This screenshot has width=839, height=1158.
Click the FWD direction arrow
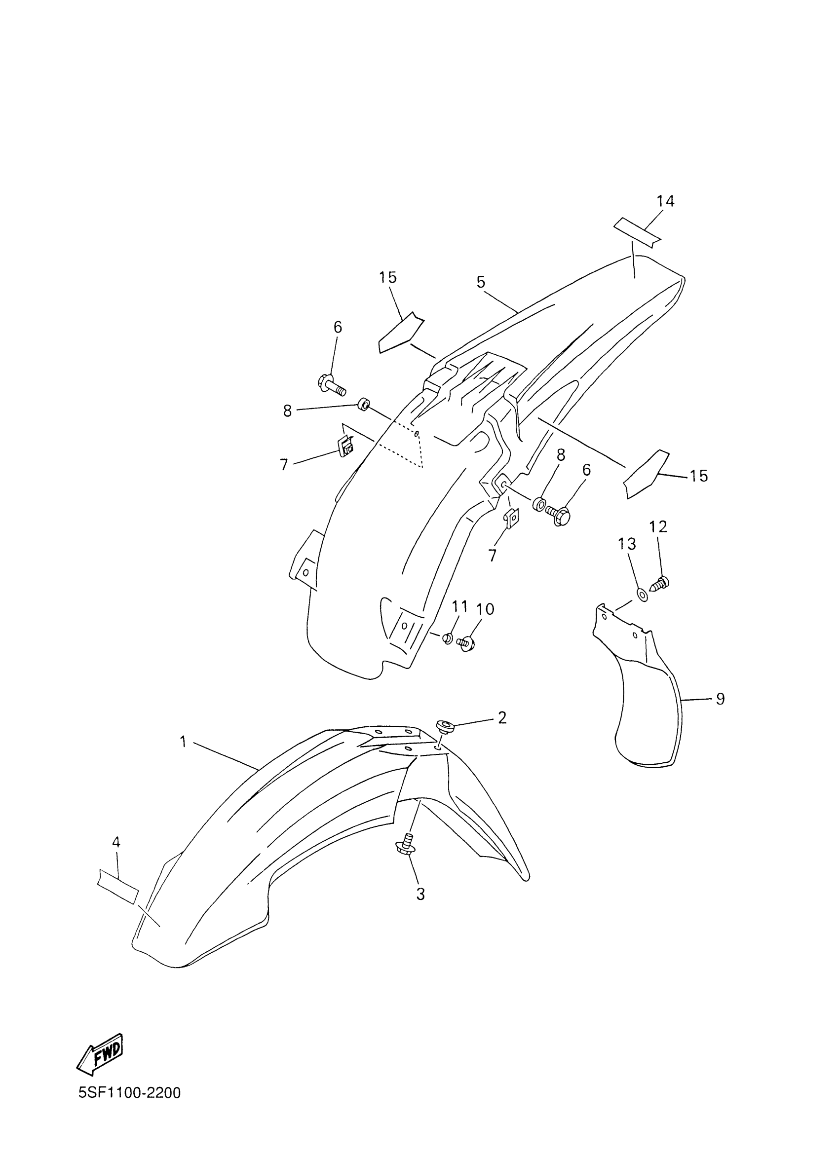[100, 1053]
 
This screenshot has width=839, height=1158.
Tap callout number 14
[665, 202]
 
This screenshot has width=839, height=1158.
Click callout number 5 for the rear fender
[481, 282]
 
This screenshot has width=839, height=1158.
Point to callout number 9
[720, 699]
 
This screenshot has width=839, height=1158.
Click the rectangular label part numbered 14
[637, 231]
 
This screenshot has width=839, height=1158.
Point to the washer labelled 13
[643, 596]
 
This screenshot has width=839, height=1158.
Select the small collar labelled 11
[447, 638]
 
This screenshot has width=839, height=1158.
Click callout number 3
[420, 894]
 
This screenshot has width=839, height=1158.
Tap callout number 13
[627, 544]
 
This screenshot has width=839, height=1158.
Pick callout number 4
[116, 842]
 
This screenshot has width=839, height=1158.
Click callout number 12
[658, 527]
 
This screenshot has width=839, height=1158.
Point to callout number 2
[502, 717]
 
